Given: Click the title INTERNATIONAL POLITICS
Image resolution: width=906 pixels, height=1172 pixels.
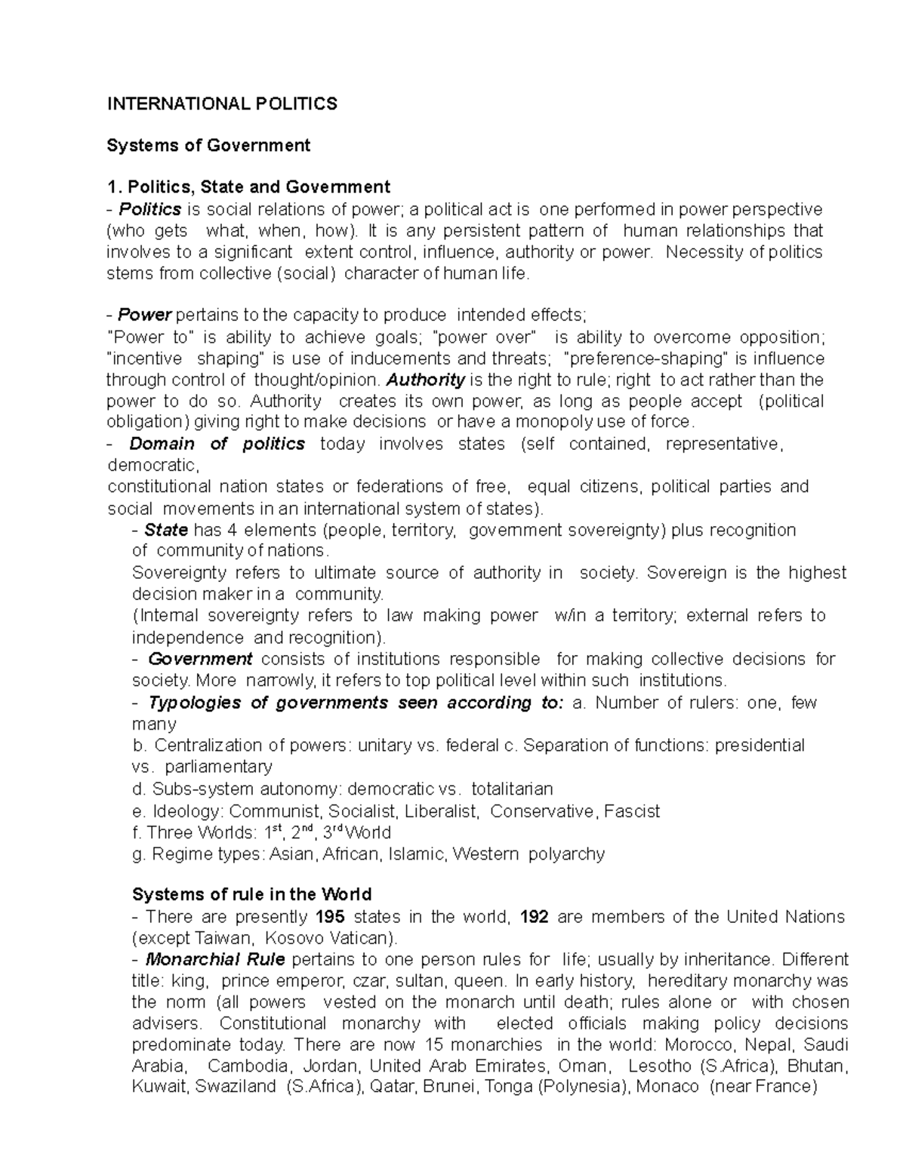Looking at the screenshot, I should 222,104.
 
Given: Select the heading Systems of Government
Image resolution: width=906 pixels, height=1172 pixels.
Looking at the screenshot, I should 208,146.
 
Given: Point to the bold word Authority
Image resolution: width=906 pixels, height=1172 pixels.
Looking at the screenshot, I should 425,380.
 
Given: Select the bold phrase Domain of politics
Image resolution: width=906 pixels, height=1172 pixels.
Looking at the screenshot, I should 217,444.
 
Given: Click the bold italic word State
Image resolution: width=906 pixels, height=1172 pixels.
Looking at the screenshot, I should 166,531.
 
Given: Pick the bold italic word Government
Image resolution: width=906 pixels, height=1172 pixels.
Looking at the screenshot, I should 200,660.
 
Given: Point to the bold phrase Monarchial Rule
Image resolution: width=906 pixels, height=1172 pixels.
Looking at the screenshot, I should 215,960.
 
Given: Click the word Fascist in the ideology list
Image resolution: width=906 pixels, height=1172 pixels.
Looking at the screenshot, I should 632,811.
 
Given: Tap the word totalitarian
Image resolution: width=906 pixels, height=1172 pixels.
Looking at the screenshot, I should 512,789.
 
